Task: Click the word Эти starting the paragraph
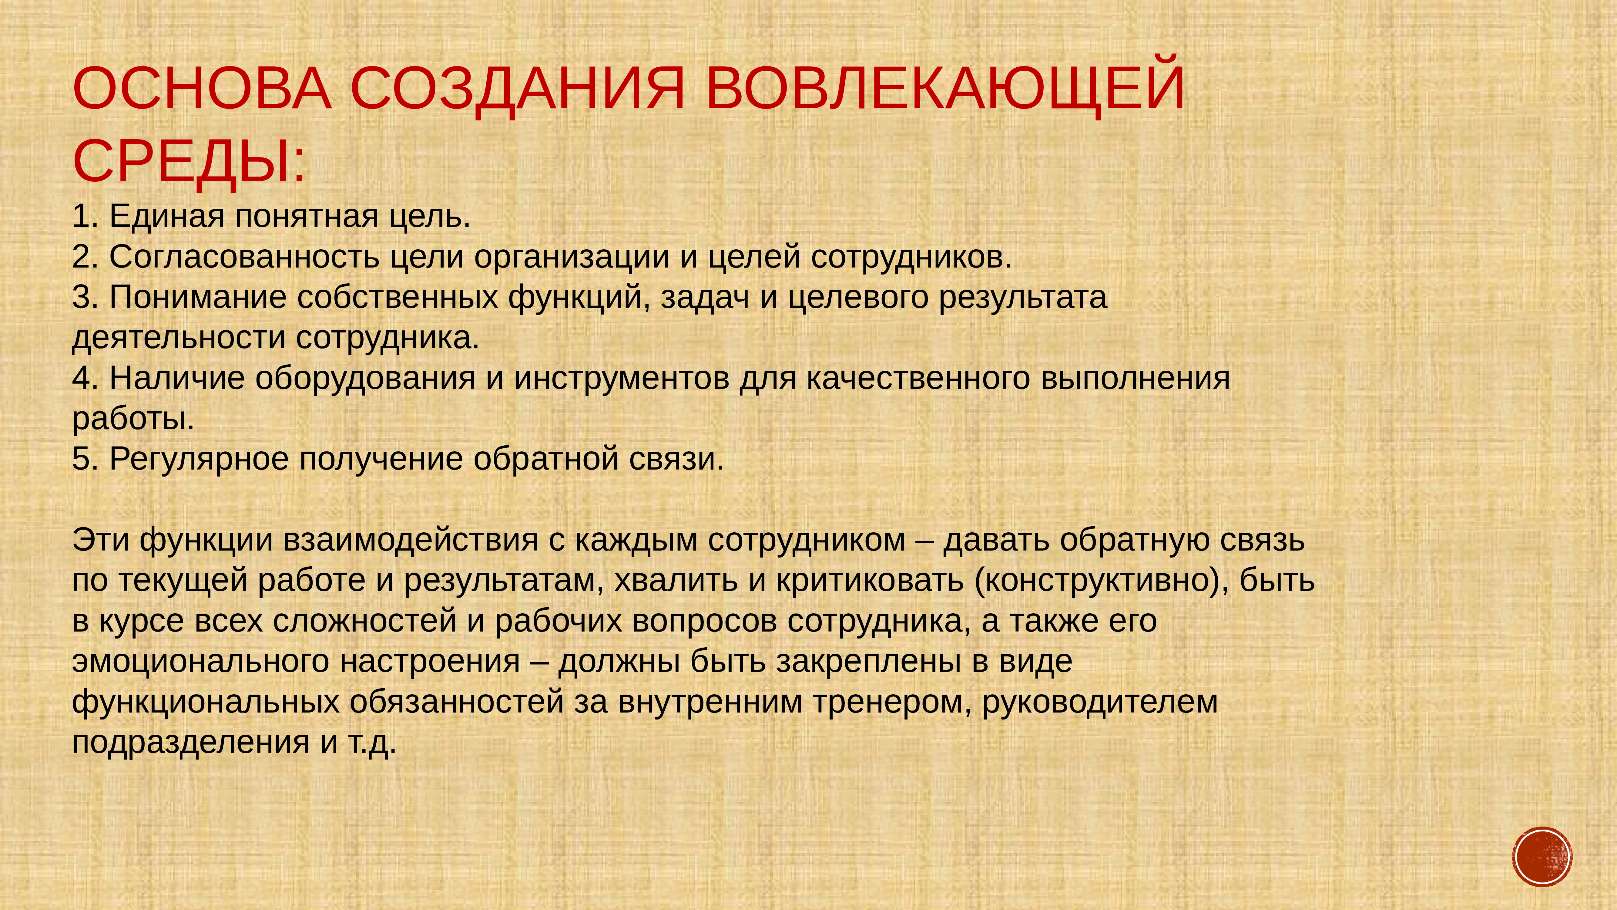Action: click(x=102, y=540)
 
